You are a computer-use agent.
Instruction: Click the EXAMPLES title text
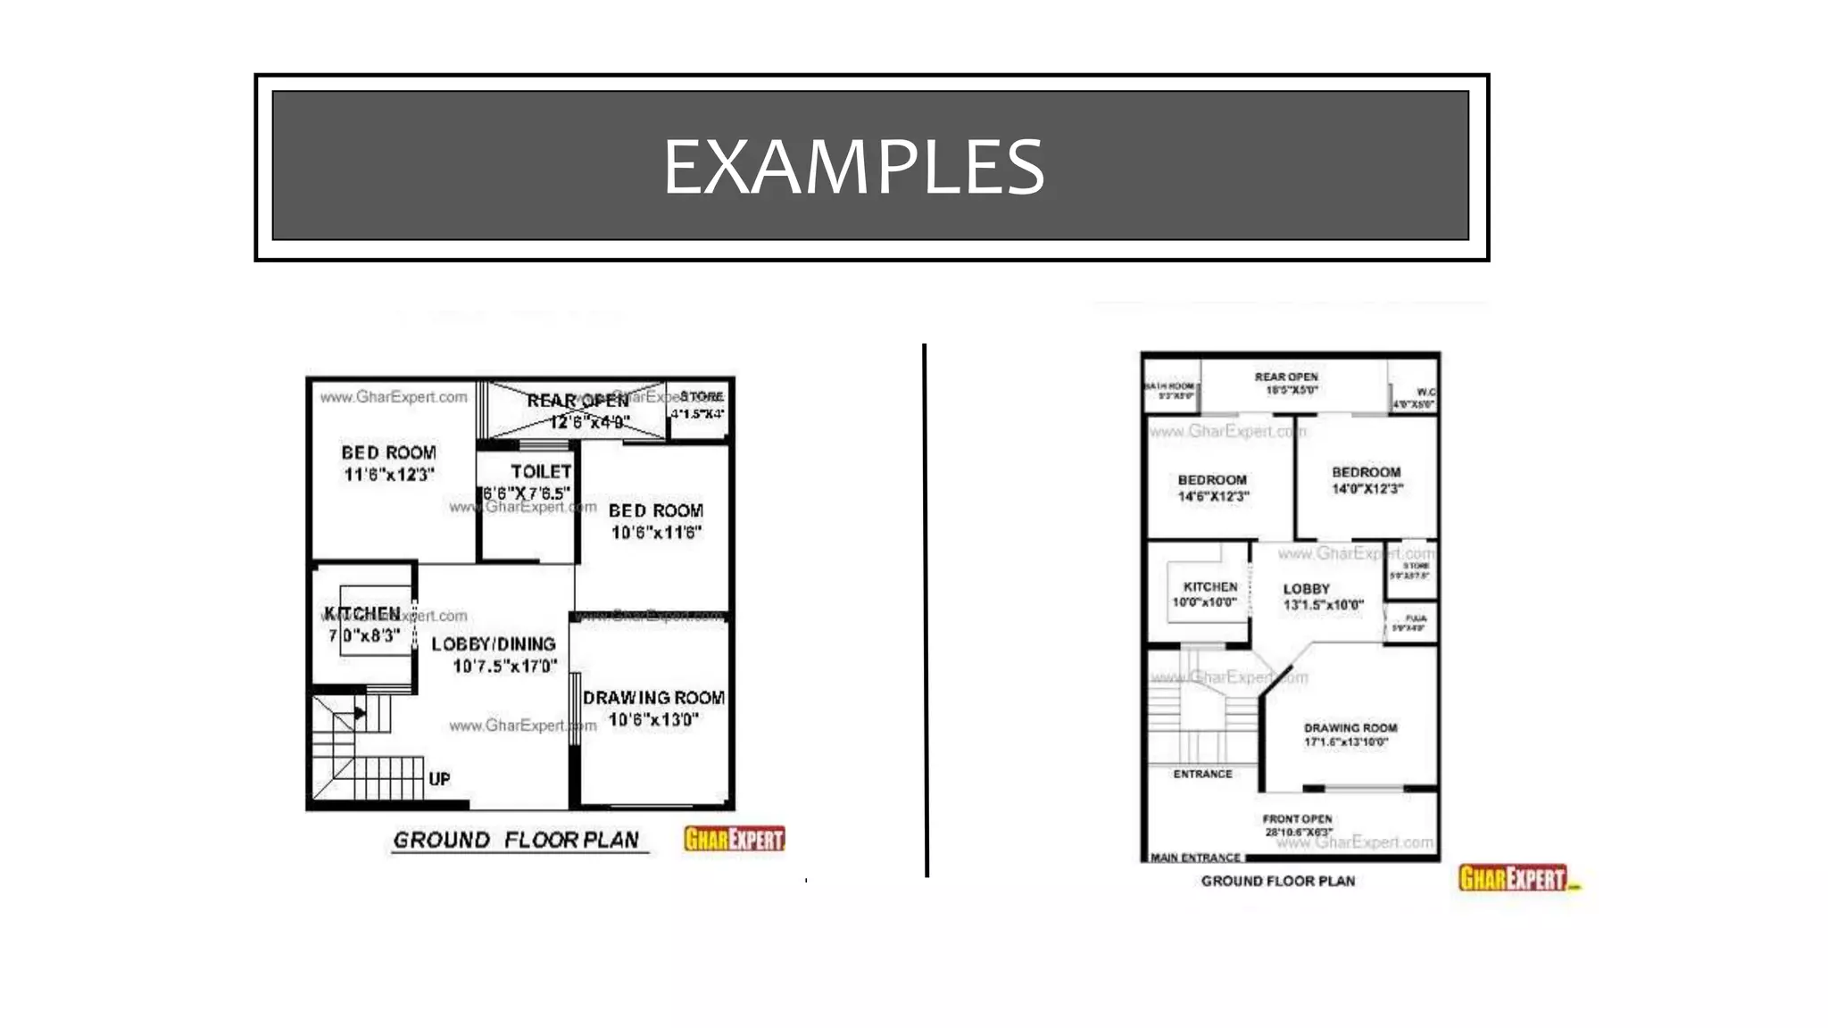tap(853, 167)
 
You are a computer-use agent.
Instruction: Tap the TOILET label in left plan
tap(540, 471)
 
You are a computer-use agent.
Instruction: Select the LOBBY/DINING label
tap(494, 643)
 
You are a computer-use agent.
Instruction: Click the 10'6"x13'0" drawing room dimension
tap(653, 719)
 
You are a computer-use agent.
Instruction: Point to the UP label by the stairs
tap(439, 779)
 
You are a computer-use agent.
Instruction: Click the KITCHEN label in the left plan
tap(362, 613)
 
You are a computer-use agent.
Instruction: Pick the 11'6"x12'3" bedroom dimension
tap(389, 475)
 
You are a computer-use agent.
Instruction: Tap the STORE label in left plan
tap(702, 396)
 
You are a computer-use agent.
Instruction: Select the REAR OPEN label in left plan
tap(577, 401)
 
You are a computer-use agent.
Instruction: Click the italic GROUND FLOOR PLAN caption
tap(516, 841)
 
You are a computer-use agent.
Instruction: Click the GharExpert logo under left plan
tap(734, 839)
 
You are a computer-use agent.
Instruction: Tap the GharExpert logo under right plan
tap(1514, 878)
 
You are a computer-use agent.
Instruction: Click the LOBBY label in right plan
tap(1306, 589)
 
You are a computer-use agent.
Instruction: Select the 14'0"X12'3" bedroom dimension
tap(1367, 489)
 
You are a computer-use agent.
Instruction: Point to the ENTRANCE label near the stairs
tap(1202, 774)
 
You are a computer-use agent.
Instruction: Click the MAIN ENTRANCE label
tap(1195, 858)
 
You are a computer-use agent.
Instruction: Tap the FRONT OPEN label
tap(1297, 818)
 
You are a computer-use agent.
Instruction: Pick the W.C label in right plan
tap(1425, 392)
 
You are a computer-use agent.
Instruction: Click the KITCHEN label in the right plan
tap(1209, 586)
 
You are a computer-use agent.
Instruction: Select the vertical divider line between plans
tap(926, 607)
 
